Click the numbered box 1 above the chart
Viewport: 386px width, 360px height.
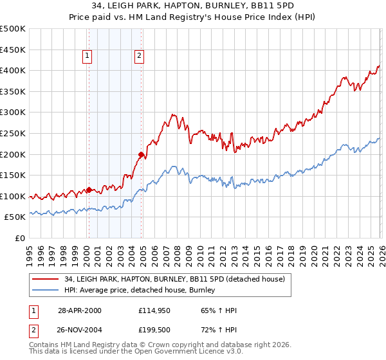87,57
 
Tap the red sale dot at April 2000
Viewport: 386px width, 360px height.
89,190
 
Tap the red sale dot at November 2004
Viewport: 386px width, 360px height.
142,154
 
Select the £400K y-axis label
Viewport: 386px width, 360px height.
13,71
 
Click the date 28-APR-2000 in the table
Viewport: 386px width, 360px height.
79,310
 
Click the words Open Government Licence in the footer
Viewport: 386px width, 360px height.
187,353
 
